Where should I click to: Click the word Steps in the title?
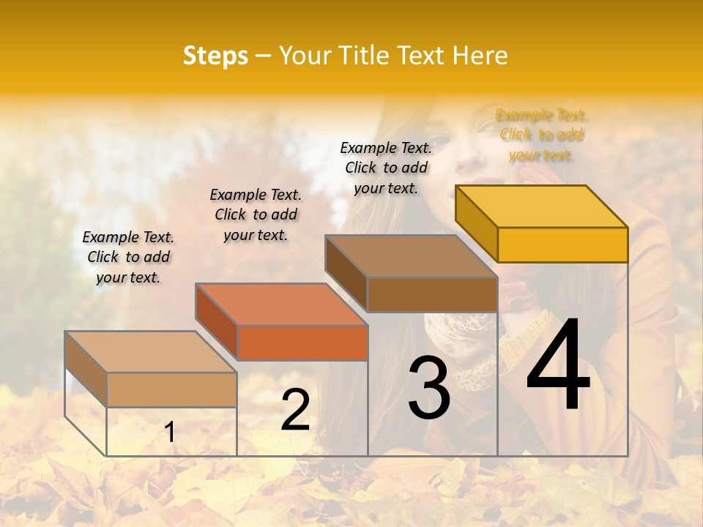pyautogui.click(x=215, y=56)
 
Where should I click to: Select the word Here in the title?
pyautogui.click(x=480, y=56)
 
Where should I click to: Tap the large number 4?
pyautogui.click(x=558, y=366)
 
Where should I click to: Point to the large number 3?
pyautogui.click(x=429, y=387)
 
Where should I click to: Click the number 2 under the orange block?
pyautogui.click(x=295, y=410)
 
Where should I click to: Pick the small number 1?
pyautogui.click(x=169, y=432)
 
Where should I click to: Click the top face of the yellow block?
pyautogui.click(x=542, y=206)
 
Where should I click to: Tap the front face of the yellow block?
pyautogui.click(x=562, y=244)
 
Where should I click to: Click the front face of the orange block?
pyautogui.click(x=302, y=343)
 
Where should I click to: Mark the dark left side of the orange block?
pyautogui.click(x=217, y=322)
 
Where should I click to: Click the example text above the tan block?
pyautogui.click(x=128, y=257)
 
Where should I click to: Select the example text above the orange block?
pyautogui.click(x=256, y=214)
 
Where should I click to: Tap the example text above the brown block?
pyautogui.click(x=386, y=168)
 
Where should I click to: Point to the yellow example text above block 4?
pyautogui.click(x=541, y=135)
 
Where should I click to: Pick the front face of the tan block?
pyautogui.click(x=171, y=389)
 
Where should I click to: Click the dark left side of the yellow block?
pyautogui.click(x=476, y=223)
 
